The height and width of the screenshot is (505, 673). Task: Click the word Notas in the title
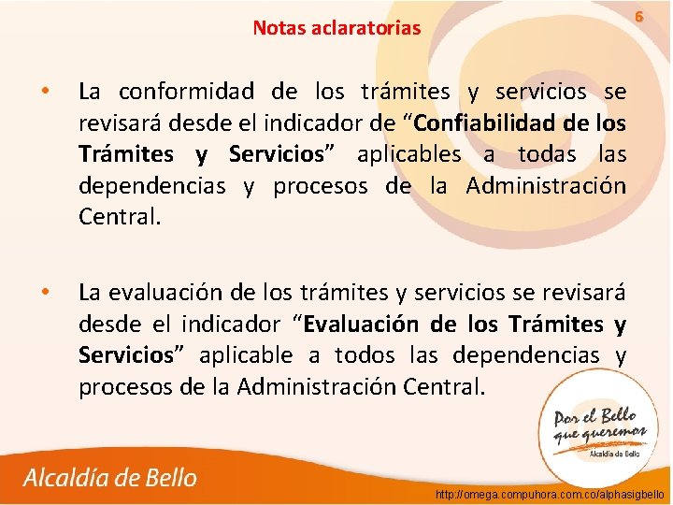click(x=279, y=28)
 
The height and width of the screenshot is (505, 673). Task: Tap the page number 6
click(x=639, y=17)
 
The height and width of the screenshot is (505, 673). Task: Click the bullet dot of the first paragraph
click(x=42, y=92)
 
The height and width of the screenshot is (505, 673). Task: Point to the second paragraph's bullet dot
click(x=42, y=292)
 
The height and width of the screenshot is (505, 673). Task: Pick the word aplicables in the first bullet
click(x=408, y=154)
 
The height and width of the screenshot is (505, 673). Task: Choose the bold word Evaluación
click(x=363, y=325)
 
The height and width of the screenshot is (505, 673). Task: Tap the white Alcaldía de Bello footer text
click(x=110, y=478)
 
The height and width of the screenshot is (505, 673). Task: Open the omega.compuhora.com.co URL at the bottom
click(x=550, y=493)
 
